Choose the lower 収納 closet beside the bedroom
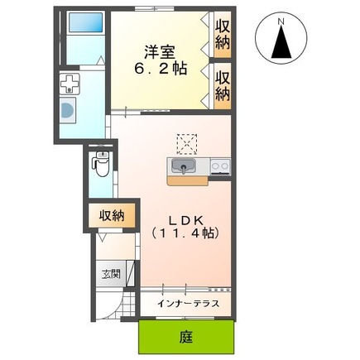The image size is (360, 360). click(223, 84)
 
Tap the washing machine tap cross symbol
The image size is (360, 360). click(70, 84)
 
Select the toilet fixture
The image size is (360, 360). click(101, 165)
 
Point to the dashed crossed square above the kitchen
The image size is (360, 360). click(185, 142)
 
